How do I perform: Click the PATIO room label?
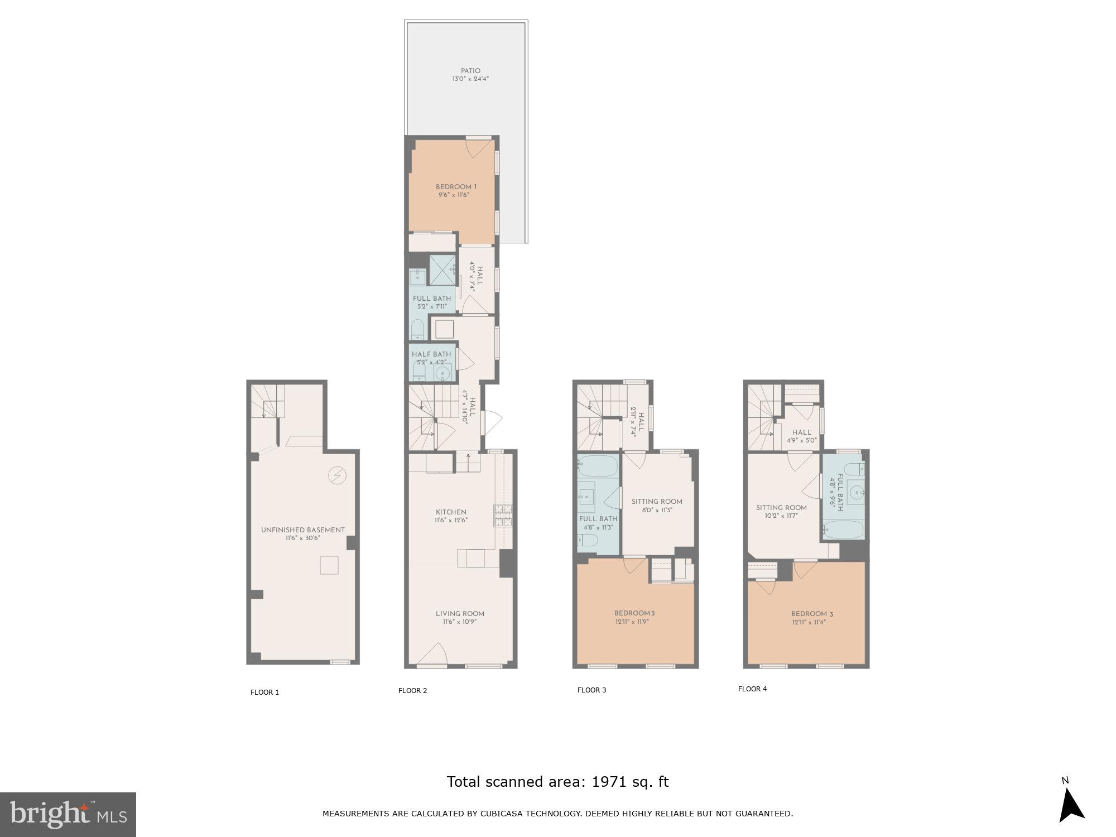[470, 71]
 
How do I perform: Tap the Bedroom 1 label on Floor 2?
[456, 187]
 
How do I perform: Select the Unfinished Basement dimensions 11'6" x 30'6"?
[302, 538]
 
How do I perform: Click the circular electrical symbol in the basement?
[338, 475]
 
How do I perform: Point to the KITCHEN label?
[451, 512]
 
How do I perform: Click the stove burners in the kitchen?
[503, 516]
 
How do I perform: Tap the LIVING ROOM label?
[460, 614]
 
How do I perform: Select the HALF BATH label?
[431, 354]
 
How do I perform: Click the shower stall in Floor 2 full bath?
[443, 270]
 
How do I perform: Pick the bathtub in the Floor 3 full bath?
[598, 465]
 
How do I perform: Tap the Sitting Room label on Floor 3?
[657, 502]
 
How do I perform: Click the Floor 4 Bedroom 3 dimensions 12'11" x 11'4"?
[809, 622]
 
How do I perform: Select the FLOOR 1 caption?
[264, 692]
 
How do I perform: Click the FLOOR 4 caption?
[752, 689]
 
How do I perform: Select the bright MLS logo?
[68, 815]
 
